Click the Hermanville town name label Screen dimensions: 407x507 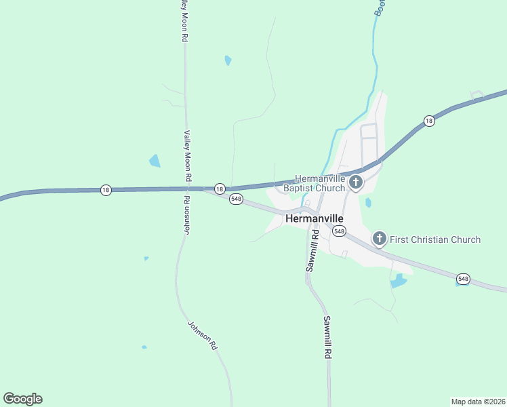pos(315,218)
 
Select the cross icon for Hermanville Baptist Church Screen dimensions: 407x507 pos(356,182)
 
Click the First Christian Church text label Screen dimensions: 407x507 pos(435,239)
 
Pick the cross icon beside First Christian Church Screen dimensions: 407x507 pos(380,239)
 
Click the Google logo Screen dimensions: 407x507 pos(22,399)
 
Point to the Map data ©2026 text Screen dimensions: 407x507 pos(478,401)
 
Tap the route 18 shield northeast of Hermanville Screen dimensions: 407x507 pos(428,121)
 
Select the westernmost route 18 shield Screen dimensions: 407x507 pos(105,190)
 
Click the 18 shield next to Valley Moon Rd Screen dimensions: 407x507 pos(220,189)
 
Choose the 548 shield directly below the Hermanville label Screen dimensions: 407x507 pos(339,231)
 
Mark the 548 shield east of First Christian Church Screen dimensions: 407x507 pos(463,278)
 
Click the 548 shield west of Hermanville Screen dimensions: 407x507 pos(236,199)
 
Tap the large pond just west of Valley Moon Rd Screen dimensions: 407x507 pos(155,161)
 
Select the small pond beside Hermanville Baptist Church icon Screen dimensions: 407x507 pos(368,202)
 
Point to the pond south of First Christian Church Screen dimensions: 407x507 pos(399,281)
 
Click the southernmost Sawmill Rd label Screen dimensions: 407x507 pos(328,336)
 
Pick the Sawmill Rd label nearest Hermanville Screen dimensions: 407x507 pos(312,251)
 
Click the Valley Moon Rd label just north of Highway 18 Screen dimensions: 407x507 pos(188,156)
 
